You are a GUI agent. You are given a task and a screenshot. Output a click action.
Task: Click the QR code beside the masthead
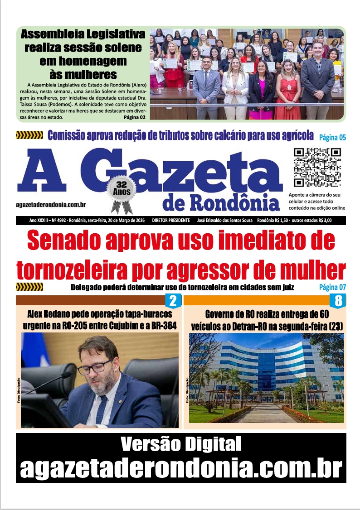coord(317,168)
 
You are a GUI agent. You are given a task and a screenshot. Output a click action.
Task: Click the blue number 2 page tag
coord(173,301)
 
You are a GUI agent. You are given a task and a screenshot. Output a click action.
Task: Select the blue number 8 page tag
coord(338,301)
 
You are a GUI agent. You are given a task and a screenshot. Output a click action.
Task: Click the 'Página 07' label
coord(332,287)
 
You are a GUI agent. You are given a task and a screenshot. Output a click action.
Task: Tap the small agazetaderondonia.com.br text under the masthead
coord(51,205)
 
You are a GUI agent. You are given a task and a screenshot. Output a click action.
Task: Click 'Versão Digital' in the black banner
coord(181,445)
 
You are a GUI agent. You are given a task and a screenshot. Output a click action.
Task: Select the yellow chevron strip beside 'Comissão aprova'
coord(29,135)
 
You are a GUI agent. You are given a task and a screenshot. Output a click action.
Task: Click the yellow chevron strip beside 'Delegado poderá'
coord(29,287)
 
